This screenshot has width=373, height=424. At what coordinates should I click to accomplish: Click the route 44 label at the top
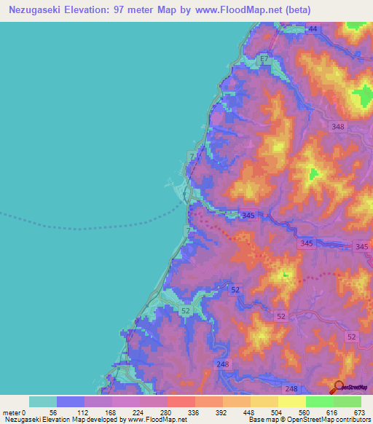tap(313, 28)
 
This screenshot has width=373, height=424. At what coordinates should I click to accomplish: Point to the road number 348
tap(337, 127)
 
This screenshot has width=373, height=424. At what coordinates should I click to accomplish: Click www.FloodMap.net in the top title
tap(246, 10)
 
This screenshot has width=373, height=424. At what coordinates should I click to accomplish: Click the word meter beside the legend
tap(12, 412)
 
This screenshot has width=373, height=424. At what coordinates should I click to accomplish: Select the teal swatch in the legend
tap(43, 401)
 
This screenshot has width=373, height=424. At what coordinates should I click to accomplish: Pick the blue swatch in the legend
tap(71, 401)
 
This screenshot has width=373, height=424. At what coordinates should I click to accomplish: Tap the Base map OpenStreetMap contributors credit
tap(307, 420)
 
